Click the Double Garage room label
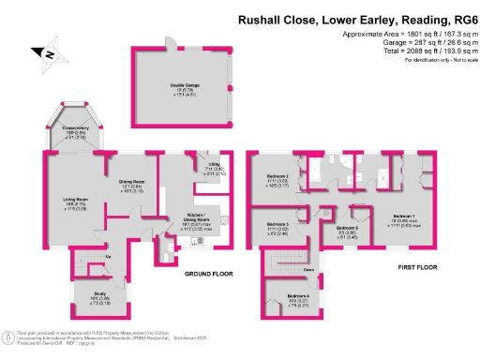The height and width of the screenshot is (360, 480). tap(183, 84)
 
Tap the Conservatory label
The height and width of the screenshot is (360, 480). tap(77, 132)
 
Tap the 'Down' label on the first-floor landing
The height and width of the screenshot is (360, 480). tap(308, 270)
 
